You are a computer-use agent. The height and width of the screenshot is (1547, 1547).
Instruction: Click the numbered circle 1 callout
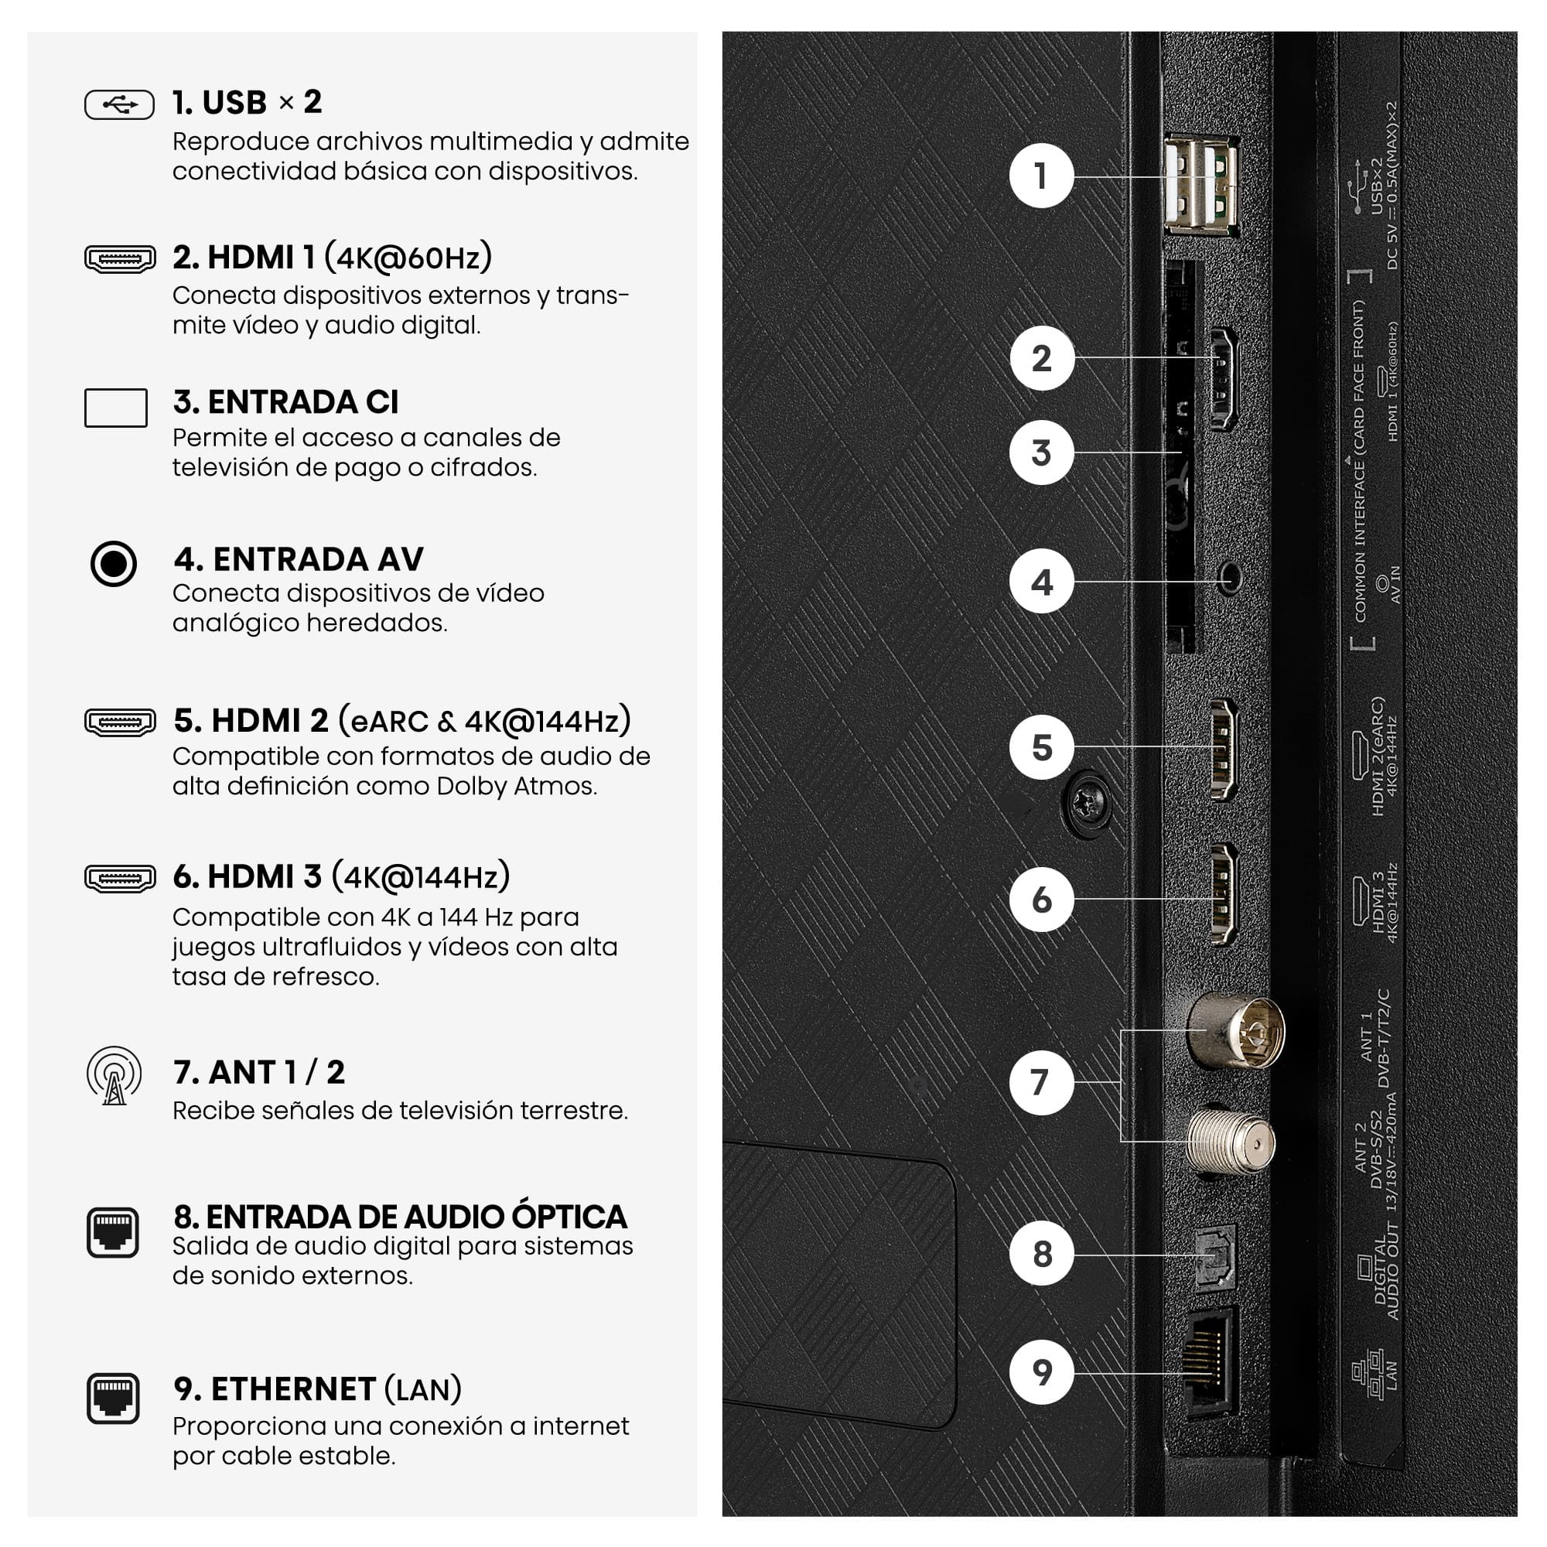coord(1041,176)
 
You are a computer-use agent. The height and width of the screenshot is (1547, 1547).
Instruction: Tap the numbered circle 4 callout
coord(1041,582)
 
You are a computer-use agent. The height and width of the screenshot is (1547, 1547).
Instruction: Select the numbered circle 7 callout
coord(1041,1083)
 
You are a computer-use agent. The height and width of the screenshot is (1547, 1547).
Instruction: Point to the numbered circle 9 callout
coord(1041,1371)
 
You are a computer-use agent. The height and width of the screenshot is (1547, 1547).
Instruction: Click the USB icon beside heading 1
coord(119,105)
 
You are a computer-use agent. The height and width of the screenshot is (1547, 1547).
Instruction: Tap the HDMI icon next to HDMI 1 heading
coord(120,258)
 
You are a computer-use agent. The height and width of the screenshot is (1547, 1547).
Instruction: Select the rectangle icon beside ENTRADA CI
coord(116,408)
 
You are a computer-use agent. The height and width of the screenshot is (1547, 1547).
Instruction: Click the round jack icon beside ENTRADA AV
coord(114,564)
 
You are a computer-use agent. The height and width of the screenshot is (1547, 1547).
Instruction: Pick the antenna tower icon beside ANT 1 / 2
coord(114,1075)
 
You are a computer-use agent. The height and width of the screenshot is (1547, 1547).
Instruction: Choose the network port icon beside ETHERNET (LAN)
coord(113,1398)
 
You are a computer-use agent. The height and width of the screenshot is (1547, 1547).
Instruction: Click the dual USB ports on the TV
coord(1201,185)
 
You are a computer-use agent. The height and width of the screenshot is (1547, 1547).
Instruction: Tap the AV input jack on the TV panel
coord(1229,577)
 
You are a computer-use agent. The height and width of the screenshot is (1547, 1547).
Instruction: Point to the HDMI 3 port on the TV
coord(1223,894)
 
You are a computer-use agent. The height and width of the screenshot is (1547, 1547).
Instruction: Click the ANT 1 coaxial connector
coord(1237,1031)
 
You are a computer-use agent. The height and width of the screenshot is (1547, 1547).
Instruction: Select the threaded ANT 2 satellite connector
coord(1231,1141)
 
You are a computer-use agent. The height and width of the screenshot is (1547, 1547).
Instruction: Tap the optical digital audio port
coord(1214,1257)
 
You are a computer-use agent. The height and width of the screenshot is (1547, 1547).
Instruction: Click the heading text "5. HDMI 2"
coord(251,721)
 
